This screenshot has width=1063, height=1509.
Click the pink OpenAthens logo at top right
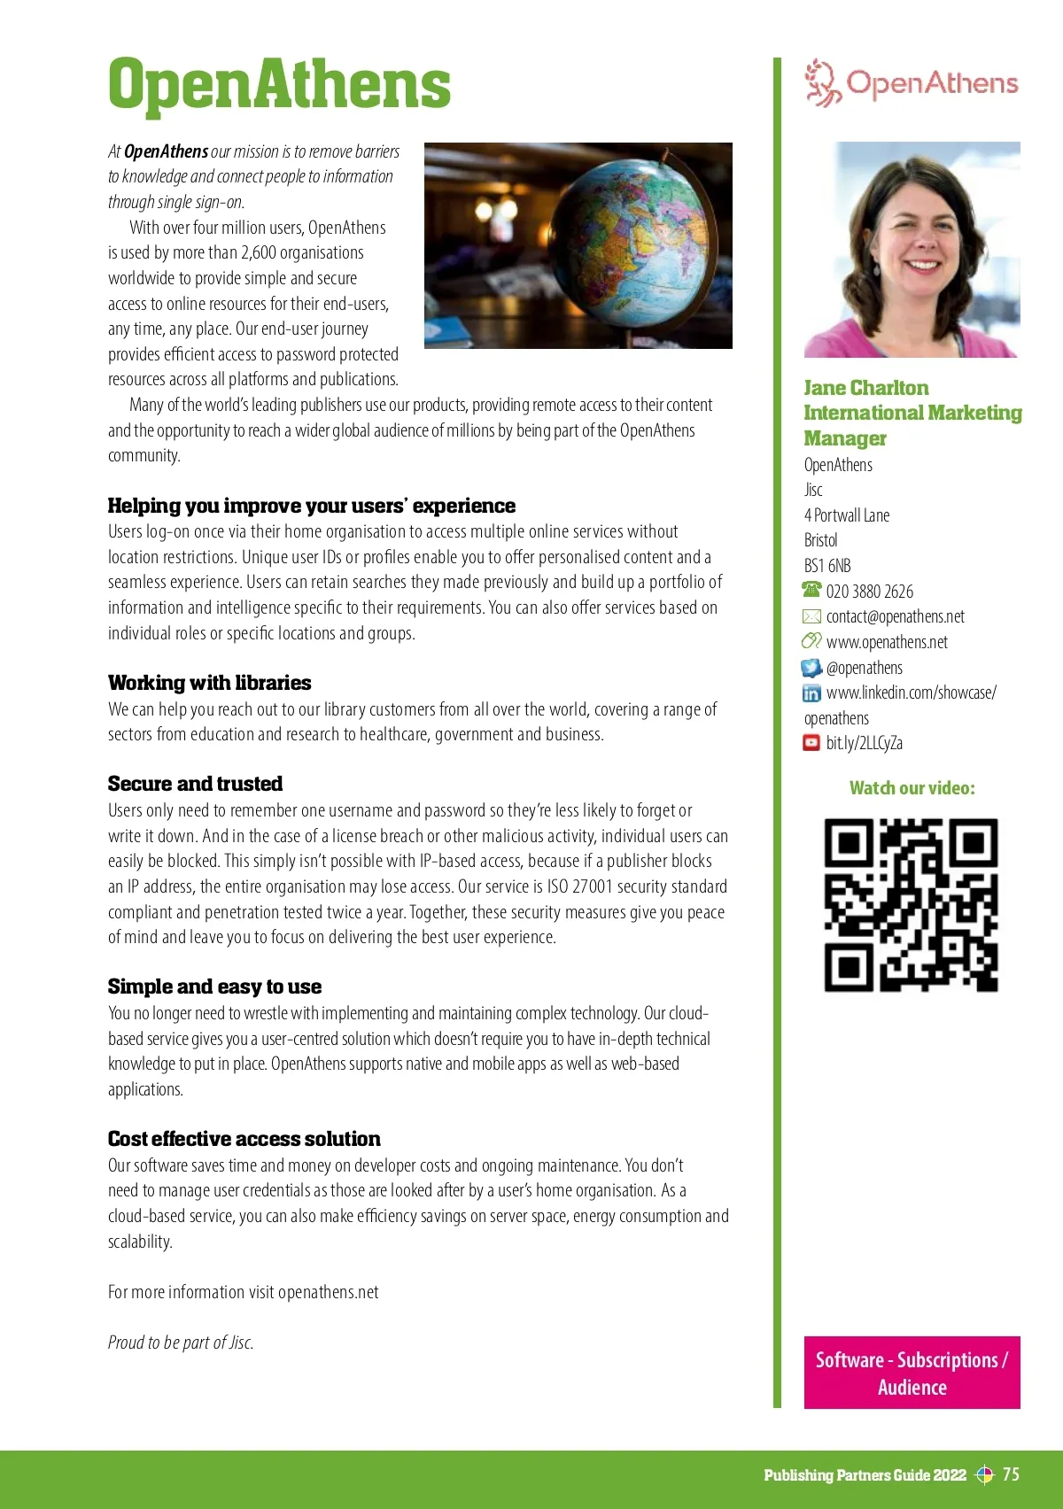tap(912, 83)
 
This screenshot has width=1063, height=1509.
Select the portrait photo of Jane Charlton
tap(912, 250)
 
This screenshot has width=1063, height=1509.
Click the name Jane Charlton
tap(865, 388)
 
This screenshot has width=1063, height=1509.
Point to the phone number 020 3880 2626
tap(869, 592)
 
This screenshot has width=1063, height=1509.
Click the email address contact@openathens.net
tap(895, 616)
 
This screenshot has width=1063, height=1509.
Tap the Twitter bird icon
tap(811, 668)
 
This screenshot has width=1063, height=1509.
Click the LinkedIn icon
tap(811, 693)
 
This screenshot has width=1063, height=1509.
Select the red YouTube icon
tap(811, 743)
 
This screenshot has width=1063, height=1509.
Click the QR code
tap(912, 904)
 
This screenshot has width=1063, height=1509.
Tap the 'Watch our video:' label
tap(912, 788)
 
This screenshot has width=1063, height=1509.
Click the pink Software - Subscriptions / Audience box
tap(912, 1373)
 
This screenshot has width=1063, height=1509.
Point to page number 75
tap(1011, 1474)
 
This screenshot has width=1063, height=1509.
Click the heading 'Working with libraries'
tap(209, 683)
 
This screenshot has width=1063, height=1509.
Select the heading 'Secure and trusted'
tap(195, 784)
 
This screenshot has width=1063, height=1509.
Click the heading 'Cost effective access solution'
tap(244, 1139)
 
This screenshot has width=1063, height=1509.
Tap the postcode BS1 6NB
tap(827, 566)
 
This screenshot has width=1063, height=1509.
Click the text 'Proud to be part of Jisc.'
tap(181, 1343)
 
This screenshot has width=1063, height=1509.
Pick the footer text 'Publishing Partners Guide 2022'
tap(865, 1475)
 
